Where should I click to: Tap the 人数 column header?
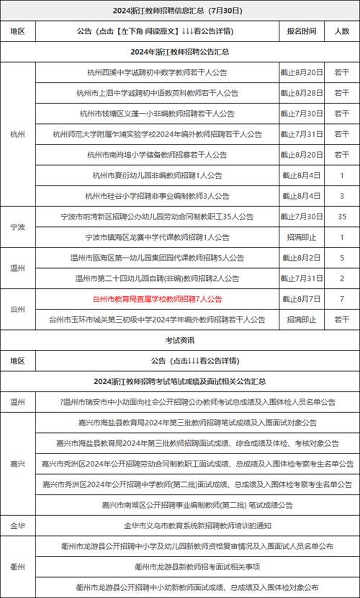[341, 32]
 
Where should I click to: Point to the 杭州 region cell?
[18, 134]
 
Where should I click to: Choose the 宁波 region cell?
[18, 226]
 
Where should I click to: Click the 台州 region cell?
[18, 309]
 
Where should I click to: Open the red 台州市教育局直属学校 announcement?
[158, 299]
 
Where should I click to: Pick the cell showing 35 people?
[341, 216]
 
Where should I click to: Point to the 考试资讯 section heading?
[179, 340]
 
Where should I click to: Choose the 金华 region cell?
[18, 526]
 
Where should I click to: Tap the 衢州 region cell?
[18, 567]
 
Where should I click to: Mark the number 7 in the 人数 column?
[341, 299]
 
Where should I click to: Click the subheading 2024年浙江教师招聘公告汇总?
[179, 52]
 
